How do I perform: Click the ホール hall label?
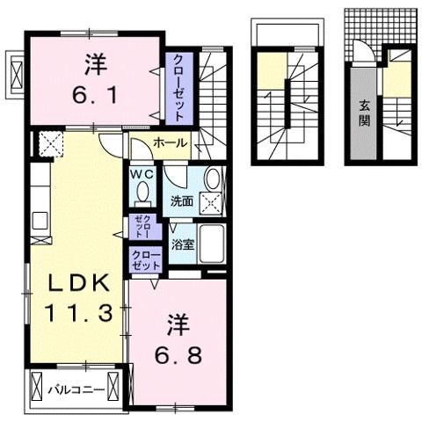[169, 142]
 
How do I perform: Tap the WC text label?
[142, 174]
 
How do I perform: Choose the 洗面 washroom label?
[181, 200]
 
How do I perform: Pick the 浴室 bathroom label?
[183, 244]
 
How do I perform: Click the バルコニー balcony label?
[76, 387]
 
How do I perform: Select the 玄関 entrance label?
[363, 113]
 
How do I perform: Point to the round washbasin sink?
[212, 179]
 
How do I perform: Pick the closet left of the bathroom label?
[146, 259]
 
